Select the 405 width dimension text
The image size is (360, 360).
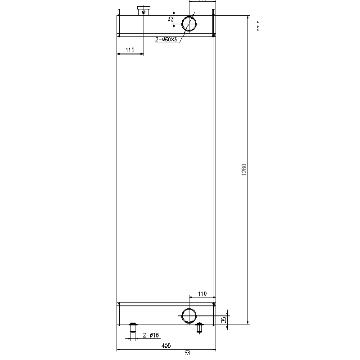(x=166, y=346)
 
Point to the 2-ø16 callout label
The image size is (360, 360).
(x=151, y=335)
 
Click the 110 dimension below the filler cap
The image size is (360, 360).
(x=130, y=50)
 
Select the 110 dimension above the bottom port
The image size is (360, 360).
(x=202, y=294)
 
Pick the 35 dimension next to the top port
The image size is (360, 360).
(x=170, y=19)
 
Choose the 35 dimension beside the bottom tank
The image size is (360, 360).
(x=224, y=319)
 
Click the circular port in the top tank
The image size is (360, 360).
(x=189, y=23)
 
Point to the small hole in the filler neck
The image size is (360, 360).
(x=144, y=12)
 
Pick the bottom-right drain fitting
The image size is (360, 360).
(x=199, y=328)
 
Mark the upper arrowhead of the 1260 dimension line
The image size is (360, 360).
(x=248, y=17)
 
